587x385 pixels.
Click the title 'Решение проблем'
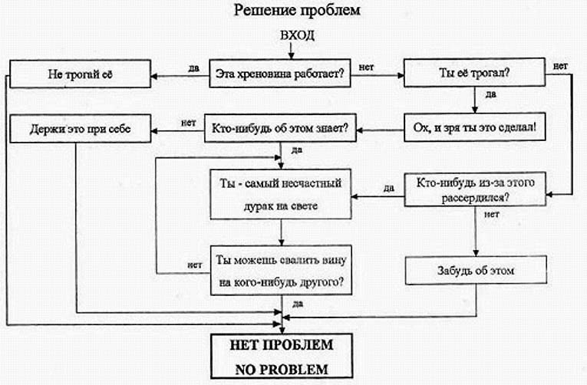click(x=293, y=12)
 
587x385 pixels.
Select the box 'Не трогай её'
click(x=78, y=76)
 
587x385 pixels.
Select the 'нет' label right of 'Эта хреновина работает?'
click(x=367, y=67)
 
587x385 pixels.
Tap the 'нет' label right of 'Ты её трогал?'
click(x=560, y=66)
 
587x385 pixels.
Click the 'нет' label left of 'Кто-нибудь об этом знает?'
click(x=186, y=120)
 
